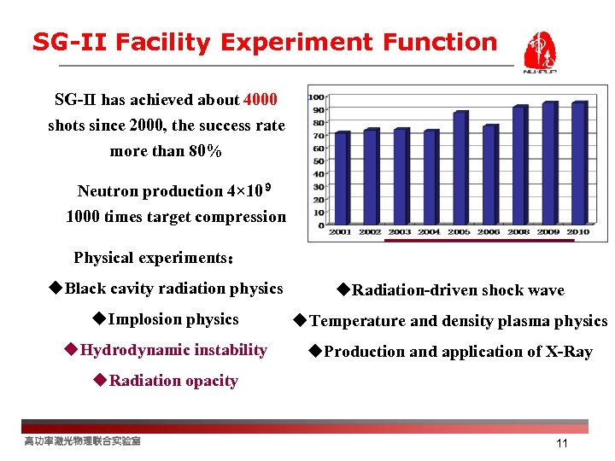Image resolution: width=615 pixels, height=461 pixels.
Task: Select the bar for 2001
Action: (342, 178)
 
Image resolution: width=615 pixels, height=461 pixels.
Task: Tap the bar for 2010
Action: (578, 163)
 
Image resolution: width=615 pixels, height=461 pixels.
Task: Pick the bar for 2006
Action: (489, 175)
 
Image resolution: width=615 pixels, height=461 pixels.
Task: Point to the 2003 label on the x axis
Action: (400, 231)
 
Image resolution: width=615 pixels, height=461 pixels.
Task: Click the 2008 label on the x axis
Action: (518, 231)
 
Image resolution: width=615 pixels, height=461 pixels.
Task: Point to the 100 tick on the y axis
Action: (316, 96)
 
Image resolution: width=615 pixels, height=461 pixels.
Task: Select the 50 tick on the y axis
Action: (318, 161)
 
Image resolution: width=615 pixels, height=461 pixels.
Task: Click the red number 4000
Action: (261, 100)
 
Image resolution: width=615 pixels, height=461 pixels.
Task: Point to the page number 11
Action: (561, 443)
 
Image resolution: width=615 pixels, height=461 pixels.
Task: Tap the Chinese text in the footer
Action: (82, 441)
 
